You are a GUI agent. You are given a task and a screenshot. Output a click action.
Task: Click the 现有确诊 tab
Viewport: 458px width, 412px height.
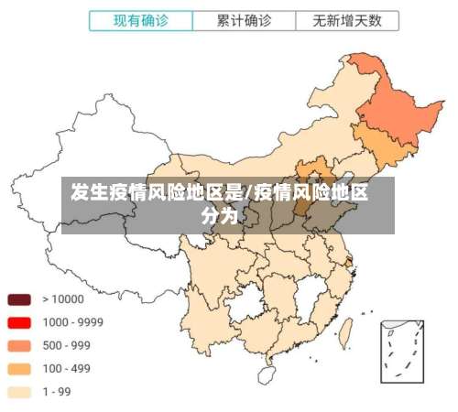141,19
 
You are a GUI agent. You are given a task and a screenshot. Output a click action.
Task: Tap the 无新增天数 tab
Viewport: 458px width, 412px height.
347,19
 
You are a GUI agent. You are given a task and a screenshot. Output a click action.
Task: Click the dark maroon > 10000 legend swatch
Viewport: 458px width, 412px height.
19,299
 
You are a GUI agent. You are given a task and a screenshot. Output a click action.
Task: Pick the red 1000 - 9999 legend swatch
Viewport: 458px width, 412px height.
19,322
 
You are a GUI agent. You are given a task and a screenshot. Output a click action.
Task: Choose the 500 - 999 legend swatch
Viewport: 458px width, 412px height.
19,346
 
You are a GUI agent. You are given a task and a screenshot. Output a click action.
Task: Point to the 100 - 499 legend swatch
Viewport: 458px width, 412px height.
19,369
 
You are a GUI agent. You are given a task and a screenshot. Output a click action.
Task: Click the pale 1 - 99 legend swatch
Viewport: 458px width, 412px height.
19,392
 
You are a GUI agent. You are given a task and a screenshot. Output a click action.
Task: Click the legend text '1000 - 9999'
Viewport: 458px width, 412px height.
72,322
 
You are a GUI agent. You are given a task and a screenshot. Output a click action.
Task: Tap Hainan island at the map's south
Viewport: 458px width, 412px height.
267,374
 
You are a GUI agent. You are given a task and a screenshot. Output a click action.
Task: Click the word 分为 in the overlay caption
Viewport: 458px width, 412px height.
219,217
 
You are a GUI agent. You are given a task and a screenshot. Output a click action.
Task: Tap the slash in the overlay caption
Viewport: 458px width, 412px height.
248,193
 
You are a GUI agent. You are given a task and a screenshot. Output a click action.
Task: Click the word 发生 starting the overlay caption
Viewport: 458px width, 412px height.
85,193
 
